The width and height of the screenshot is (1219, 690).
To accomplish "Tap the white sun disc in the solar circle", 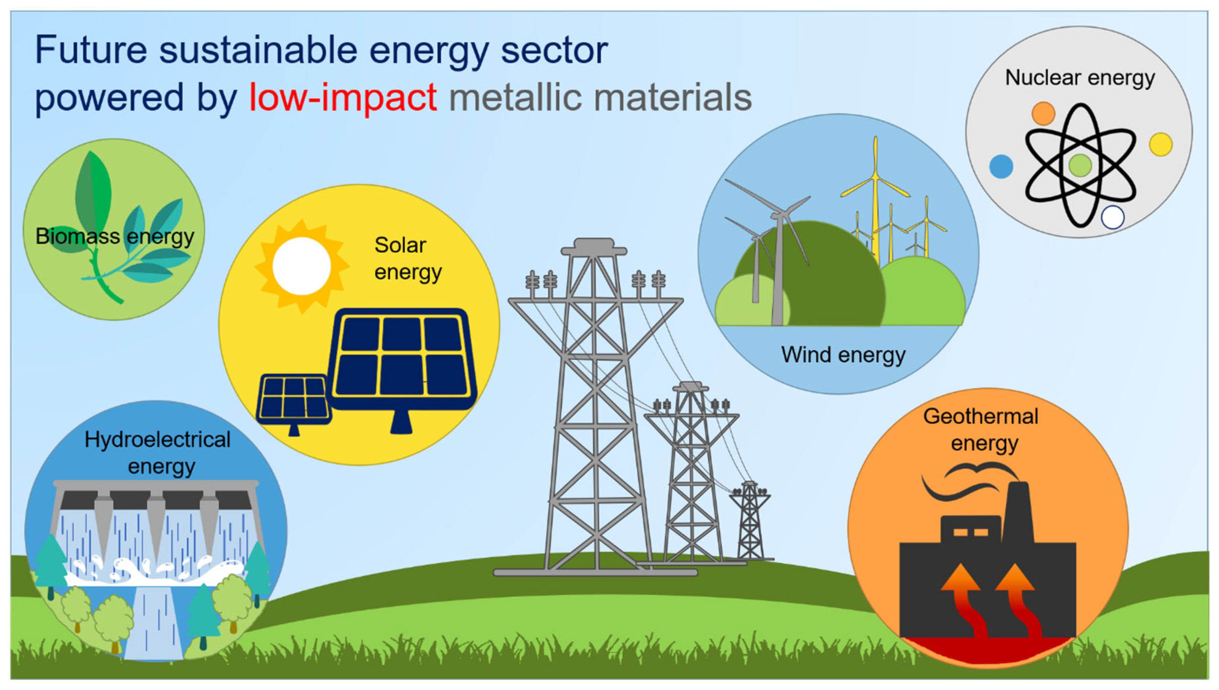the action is pos(301,266).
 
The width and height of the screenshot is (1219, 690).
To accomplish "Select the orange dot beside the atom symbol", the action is pos(1043,114).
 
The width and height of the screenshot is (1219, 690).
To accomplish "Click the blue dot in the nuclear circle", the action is pos(1001,167).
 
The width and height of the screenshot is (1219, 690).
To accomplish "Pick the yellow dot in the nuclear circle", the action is pos(1161,144).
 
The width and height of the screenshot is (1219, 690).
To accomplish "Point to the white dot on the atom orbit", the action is pos(1112,218).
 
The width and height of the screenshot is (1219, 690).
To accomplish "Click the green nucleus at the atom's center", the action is pos(1080,165).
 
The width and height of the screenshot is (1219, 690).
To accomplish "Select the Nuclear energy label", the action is pos(1080,78).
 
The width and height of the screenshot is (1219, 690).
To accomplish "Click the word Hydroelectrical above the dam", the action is pos(157,440).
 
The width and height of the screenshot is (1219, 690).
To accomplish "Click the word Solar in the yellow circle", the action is pos(400,245).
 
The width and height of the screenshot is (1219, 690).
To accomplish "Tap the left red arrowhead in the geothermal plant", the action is pos(960,577).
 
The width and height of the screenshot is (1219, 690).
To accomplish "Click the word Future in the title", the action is pos(91,50).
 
